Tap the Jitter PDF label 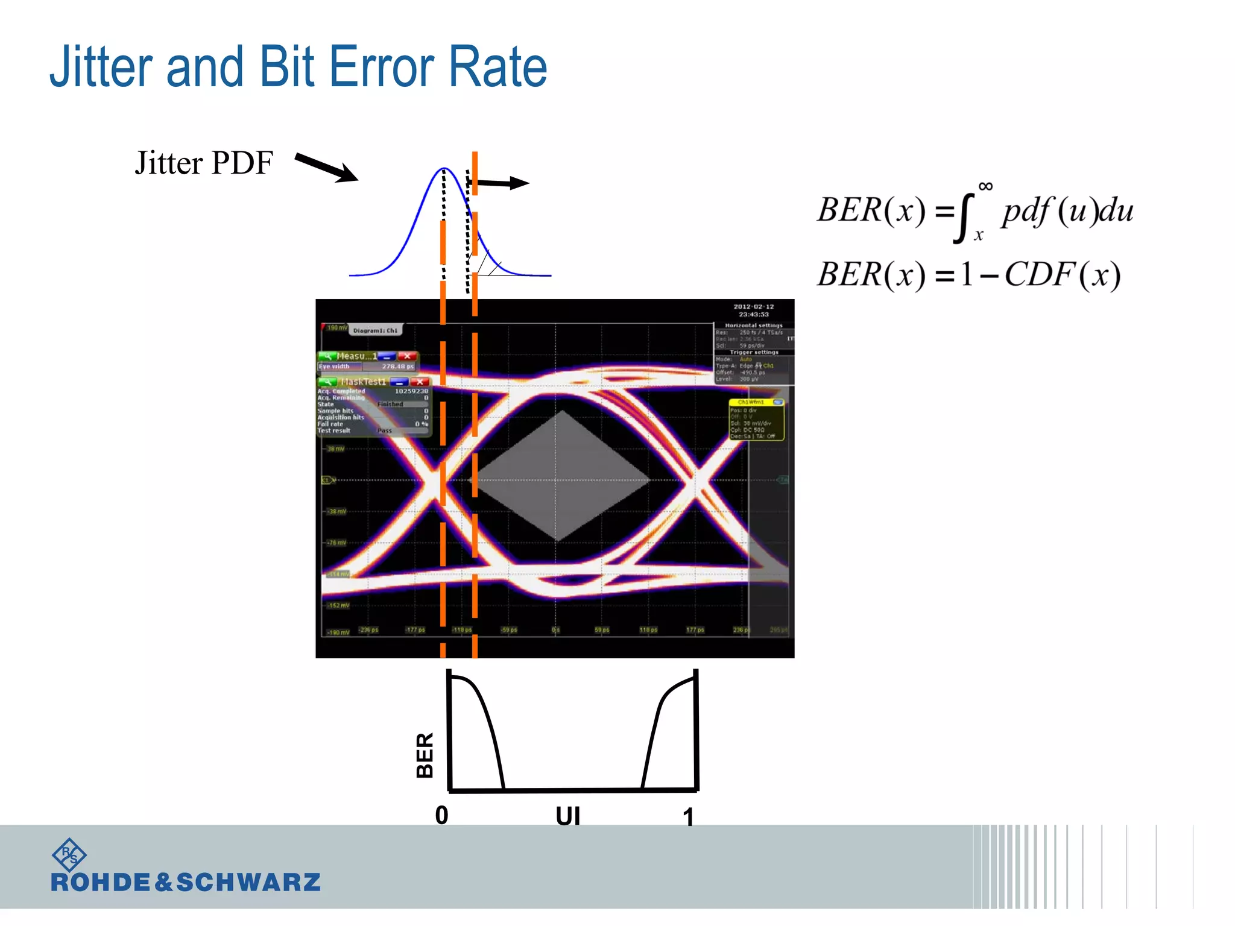204,163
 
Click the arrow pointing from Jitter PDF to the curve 326,167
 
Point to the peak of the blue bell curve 444,169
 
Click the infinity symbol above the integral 985,186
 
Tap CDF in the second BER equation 1040,275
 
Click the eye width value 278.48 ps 398,367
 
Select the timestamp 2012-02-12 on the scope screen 753,307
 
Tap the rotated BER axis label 425,755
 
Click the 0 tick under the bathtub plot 442,815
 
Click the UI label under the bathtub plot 567,816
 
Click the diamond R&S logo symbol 69,854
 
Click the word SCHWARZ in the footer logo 248,883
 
